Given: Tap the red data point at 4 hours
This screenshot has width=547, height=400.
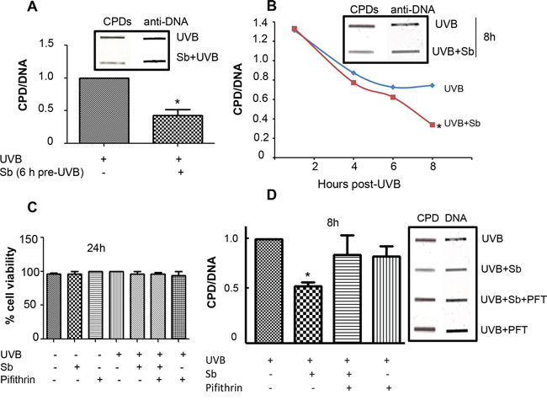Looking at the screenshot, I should pos(353,83).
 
